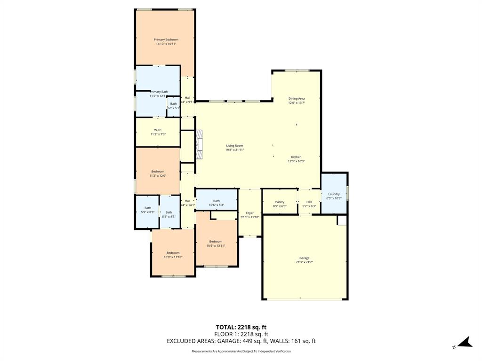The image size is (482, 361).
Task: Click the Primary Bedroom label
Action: click(x=166, y=39)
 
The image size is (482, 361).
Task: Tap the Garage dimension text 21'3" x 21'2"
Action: click(x=304, y=262)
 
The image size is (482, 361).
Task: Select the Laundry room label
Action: click(x=334, y=194)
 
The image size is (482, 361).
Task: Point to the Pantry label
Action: click(x=280, y=202)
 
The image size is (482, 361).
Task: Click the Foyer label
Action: click(x=249, y=213)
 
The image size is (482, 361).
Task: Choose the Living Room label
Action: click(x=234, y=146)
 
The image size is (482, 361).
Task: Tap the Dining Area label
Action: click(x=297, y=99)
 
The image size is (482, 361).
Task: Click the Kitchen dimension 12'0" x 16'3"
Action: click(x=296, y=161)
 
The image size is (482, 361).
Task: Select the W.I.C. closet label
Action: click(x=158, y=130)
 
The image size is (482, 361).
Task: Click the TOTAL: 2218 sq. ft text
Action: click(x=241, y=327)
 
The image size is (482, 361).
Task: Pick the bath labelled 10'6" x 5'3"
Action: click(x=216, y=201)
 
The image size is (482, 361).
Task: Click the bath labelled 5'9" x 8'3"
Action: click(x=148, y=208)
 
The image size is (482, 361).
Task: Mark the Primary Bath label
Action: click(x=159, y=92)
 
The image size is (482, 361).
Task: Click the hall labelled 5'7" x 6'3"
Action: click(x=309, y=202)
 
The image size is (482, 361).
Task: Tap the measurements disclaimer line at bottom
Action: click(x=241, y=352)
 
